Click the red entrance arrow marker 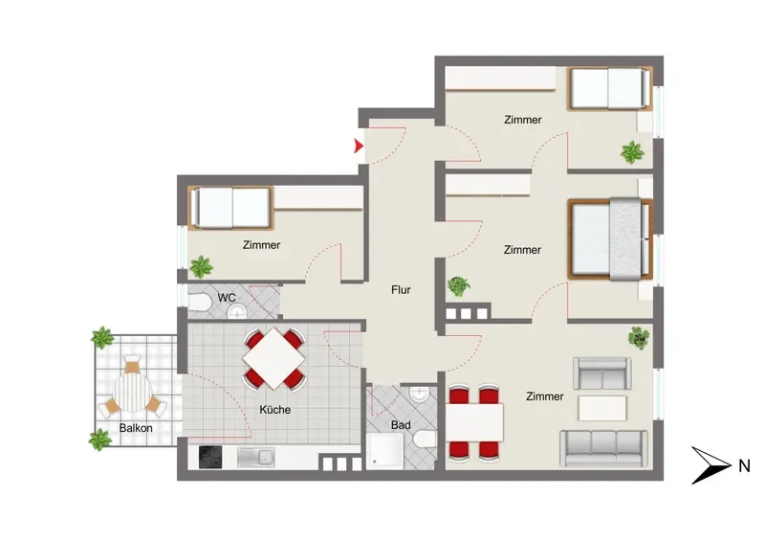coord(359,146)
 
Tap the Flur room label coord(401,290)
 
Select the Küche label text coord(275,410)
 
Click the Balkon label coord(136,428)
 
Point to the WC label coord(227,298)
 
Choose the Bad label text coord(401,425)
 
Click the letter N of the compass coord(744,466)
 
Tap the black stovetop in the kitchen coord(210,458)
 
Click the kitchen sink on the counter coord(255,458)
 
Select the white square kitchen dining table coord(273,359)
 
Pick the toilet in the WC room coord(199,302)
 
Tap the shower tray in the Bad coord(385,451)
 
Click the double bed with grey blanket coord(610,239)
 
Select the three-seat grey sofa coord(604,448)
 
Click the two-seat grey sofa coord(602,373)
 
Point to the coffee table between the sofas coord(602,408)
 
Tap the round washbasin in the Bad coord(420,394)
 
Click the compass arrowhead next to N coord(711,465)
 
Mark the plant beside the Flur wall coord(459,286)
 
